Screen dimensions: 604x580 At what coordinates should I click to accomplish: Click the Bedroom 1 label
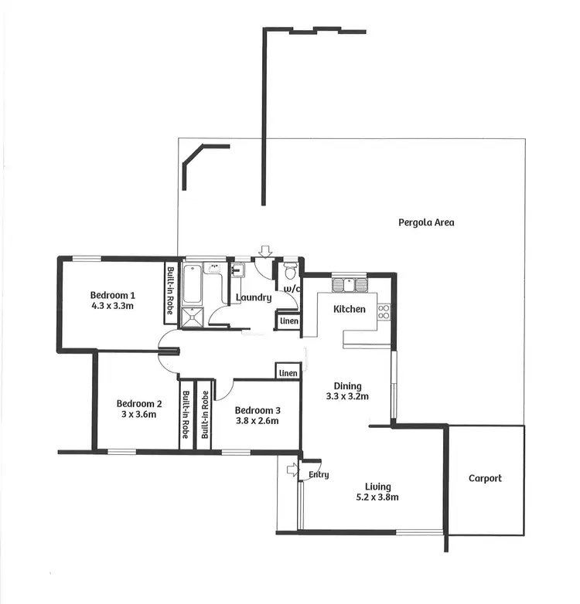(x=113, y=295)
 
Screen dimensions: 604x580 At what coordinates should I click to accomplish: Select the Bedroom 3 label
(x=257, y=410)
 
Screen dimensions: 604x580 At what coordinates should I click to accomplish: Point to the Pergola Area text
(x=426, y=222)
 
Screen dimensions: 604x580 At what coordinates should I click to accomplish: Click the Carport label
(x=485, y=478)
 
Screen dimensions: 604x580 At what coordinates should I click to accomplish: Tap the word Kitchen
(x=349, y=309)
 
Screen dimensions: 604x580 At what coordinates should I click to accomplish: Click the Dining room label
(x=348, y=386)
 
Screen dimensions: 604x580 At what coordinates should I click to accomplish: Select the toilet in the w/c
(x=290, y=271)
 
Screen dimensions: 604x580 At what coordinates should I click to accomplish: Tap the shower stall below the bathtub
(x=190, y=317)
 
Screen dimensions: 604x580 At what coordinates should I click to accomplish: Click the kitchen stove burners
(x=384, y=311)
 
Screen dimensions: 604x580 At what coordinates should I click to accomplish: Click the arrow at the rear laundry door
(x=265, y=250)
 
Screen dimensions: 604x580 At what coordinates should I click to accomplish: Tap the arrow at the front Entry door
(x=292, y=470)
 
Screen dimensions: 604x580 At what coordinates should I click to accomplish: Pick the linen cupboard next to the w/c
(x=288, y=321)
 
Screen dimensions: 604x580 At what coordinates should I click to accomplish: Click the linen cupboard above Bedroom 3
(x=288, y=372)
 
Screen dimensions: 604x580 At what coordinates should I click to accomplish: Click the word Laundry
(x=253, y=297)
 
